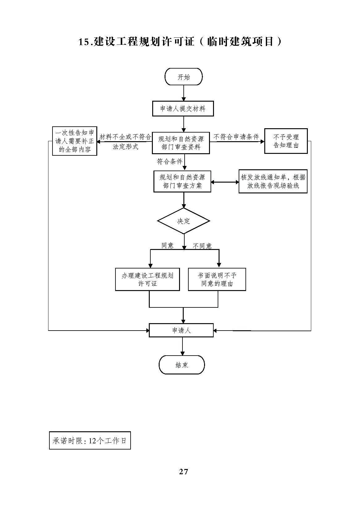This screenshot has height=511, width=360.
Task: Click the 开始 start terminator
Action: (x=183, y=77)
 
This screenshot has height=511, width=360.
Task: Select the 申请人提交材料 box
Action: (x=183, y=109)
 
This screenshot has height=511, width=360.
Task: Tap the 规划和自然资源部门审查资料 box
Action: (x=181, y=143)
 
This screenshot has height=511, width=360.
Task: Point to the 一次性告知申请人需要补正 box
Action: (x=75, y=141)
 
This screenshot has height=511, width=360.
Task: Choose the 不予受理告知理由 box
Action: (x=286, y=141)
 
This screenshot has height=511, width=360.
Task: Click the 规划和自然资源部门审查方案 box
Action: (x=182, y=181)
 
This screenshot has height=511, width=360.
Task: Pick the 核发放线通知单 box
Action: (x=273, y=181)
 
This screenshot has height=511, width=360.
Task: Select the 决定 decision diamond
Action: (x=183, y=221)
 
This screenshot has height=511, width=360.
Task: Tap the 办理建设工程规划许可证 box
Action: (x=147, y=279)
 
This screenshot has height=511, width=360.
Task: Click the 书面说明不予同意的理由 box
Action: (x=217, y=279)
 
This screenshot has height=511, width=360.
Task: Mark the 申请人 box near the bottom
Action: (x=181, y=330)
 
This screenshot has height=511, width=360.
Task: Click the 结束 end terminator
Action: (x=182, y=365)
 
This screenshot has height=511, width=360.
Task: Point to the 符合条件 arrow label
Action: (x=170, y=161)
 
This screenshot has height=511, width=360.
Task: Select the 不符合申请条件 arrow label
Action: (x=236, y=137)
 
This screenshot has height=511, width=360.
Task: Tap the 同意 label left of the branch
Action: (x=168, y=246)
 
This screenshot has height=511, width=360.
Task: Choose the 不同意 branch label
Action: (x=202, y=246)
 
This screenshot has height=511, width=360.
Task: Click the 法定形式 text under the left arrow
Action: (x=125, y=147)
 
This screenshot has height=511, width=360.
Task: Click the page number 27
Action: (x=183, y=471)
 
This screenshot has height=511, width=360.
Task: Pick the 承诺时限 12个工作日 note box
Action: (x=90, y=440)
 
